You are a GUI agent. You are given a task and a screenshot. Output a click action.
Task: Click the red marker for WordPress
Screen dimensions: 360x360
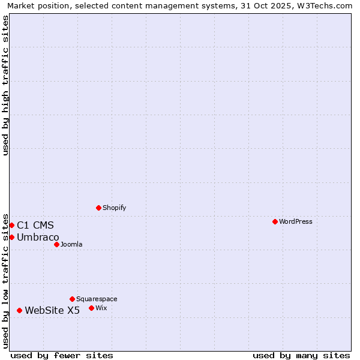pyautogui.click(x=275, y=221)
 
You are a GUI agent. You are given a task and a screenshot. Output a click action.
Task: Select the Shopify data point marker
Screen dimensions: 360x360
pyautogui.click(x=98, y=208)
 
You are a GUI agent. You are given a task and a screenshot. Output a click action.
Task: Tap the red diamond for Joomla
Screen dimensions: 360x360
pyautogui.click(x=56, y=244)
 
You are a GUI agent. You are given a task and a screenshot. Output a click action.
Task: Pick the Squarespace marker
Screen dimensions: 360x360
pyautogui.click(x=72, y=299)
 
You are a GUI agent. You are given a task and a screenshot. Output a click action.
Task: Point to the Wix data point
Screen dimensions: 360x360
pyautogui.click(x=91, y=308)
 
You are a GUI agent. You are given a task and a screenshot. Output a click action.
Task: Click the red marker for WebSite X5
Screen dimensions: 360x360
pyautogui.click(x=19, y=310)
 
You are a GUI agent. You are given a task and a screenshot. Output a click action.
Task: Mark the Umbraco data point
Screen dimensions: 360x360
pyautogui.click(x=11, y=237)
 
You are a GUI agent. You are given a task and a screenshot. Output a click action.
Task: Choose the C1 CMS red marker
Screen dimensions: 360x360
pyautogui.click(x=11, y=225)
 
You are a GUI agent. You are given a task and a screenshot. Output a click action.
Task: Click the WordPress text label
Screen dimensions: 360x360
pyautogui.click(x=296, y=221)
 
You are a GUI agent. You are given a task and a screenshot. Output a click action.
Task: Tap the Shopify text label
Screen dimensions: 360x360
pyautogui.click(x=115, y=208)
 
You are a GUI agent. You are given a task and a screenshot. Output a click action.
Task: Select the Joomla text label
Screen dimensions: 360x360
pyautogui.click(x=71, y=244)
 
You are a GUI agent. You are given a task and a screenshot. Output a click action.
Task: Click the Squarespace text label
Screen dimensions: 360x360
pyautogui.click(x=97, y=299)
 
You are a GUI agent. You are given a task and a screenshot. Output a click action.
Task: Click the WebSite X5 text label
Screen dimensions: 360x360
pyautogui.click(x=52, y=310)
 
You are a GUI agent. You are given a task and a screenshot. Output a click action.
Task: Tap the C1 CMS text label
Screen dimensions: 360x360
pyautogui.click(x=35, y=225)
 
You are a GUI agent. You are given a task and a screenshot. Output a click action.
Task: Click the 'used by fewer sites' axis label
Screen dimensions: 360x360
pyautogui.click(x=62, y=355)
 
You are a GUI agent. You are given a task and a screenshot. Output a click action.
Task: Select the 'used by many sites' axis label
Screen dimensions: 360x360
pyautogui.click(x=301, y=355)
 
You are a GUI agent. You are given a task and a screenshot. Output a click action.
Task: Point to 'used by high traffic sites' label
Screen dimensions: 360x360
pyautogui.click(x=5, y=85)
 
